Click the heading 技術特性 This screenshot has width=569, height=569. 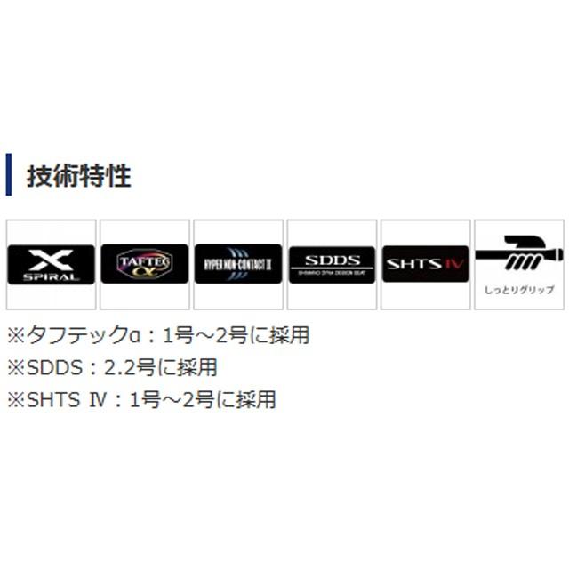coord(78,175)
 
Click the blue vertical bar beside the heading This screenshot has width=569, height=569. coord(9,174)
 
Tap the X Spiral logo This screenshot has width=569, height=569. coord(51,264)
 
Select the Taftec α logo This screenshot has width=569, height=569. coord(144,264)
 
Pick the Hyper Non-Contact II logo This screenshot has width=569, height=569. coord(237,264)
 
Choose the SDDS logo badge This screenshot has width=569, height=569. coord(332,264)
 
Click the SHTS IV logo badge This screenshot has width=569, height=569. coord(425,264)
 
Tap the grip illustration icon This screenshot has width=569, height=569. coord(518,254)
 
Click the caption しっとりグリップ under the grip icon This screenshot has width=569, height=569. coord(518,291)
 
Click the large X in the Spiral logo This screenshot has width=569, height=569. coord(52,260)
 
